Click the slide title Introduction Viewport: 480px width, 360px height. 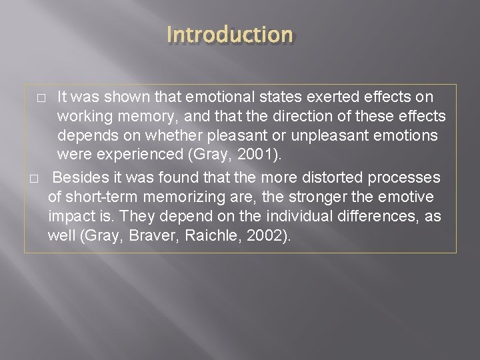229,34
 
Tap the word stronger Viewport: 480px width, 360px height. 314,197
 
